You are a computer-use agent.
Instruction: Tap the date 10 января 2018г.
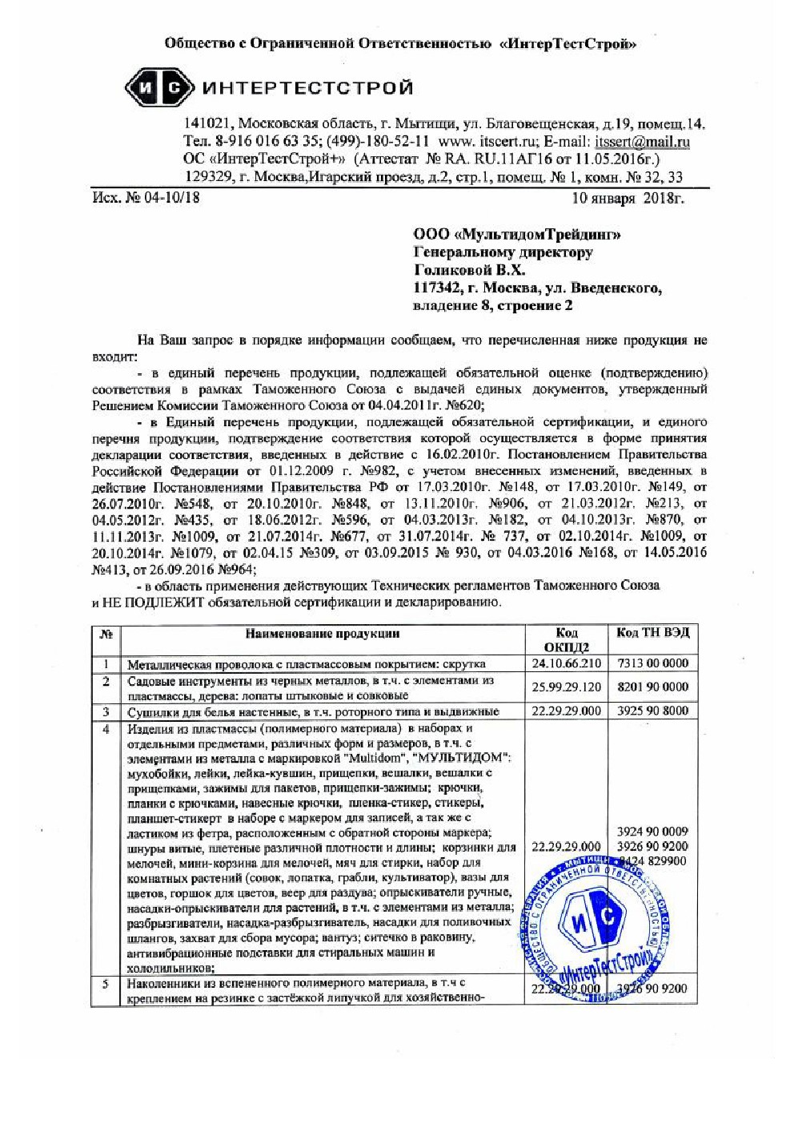tap(628, 198)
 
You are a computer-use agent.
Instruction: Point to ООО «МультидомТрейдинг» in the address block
tap(516, 235)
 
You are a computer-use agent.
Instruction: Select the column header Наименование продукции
tap(323, 634)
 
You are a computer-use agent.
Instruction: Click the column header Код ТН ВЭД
tap(652, 633)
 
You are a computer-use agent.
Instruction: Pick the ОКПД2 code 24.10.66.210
tap(566, 663)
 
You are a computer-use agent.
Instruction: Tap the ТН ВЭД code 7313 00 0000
tap(652, 663)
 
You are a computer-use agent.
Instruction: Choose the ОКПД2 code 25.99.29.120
tap(566, 687)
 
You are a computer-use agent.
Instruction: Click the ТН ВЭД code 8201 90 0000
tap(652, 687)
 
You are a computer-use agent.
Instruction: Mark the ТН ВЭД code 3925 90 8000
tap(652, 711)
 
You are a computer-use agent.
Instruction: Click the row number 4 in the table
tap(106, 729)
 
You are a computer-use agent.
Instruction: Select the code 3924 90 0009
tap(652, 832)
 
